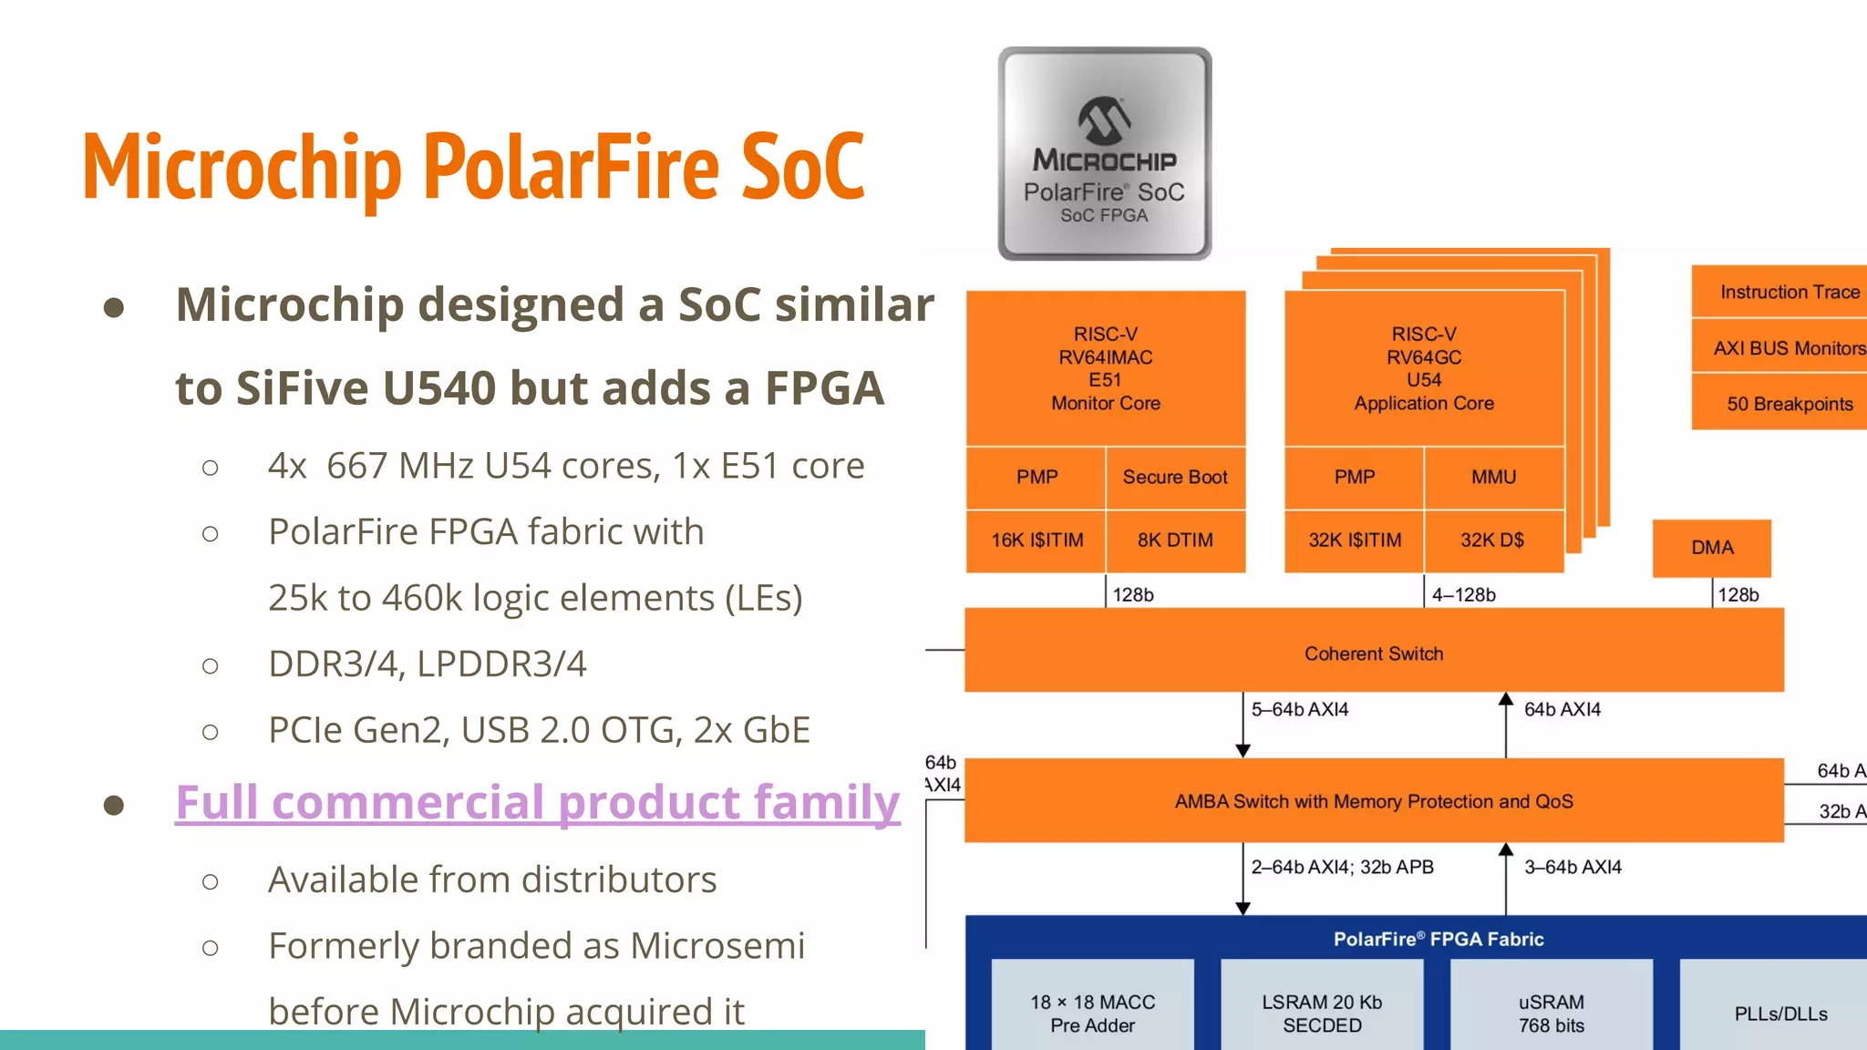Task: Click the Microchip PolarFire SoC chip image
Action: [1104, 154]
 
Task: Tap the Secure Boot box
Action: [1175, 478]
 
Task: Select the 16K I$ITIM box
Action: [1037, 540]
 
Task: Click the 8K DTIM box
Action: [1175, 540]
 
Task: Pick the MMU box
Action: [1493, 478]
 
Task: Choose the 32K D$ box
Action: [1492, 540]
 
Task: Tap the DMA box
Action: [1712, 548]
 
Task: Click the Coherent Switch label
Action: [1374, 654]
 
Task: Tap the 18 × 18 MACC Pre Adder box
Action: [1092, 1013]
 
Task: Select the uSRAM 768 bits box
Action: [1551, 1013]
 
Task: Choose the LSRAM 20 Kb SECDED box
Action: [1322, 1013]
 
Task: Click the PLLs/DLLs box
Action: [1779, 1013]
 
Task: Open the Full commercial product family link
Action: [537, 803]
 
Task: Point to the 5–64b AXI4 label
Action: [1299, 709]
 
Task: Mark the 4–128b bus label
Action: [1463, 595]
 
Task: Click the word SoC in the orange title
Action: [802, 167]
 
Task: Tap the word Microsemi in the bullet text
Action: [717, 946]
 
